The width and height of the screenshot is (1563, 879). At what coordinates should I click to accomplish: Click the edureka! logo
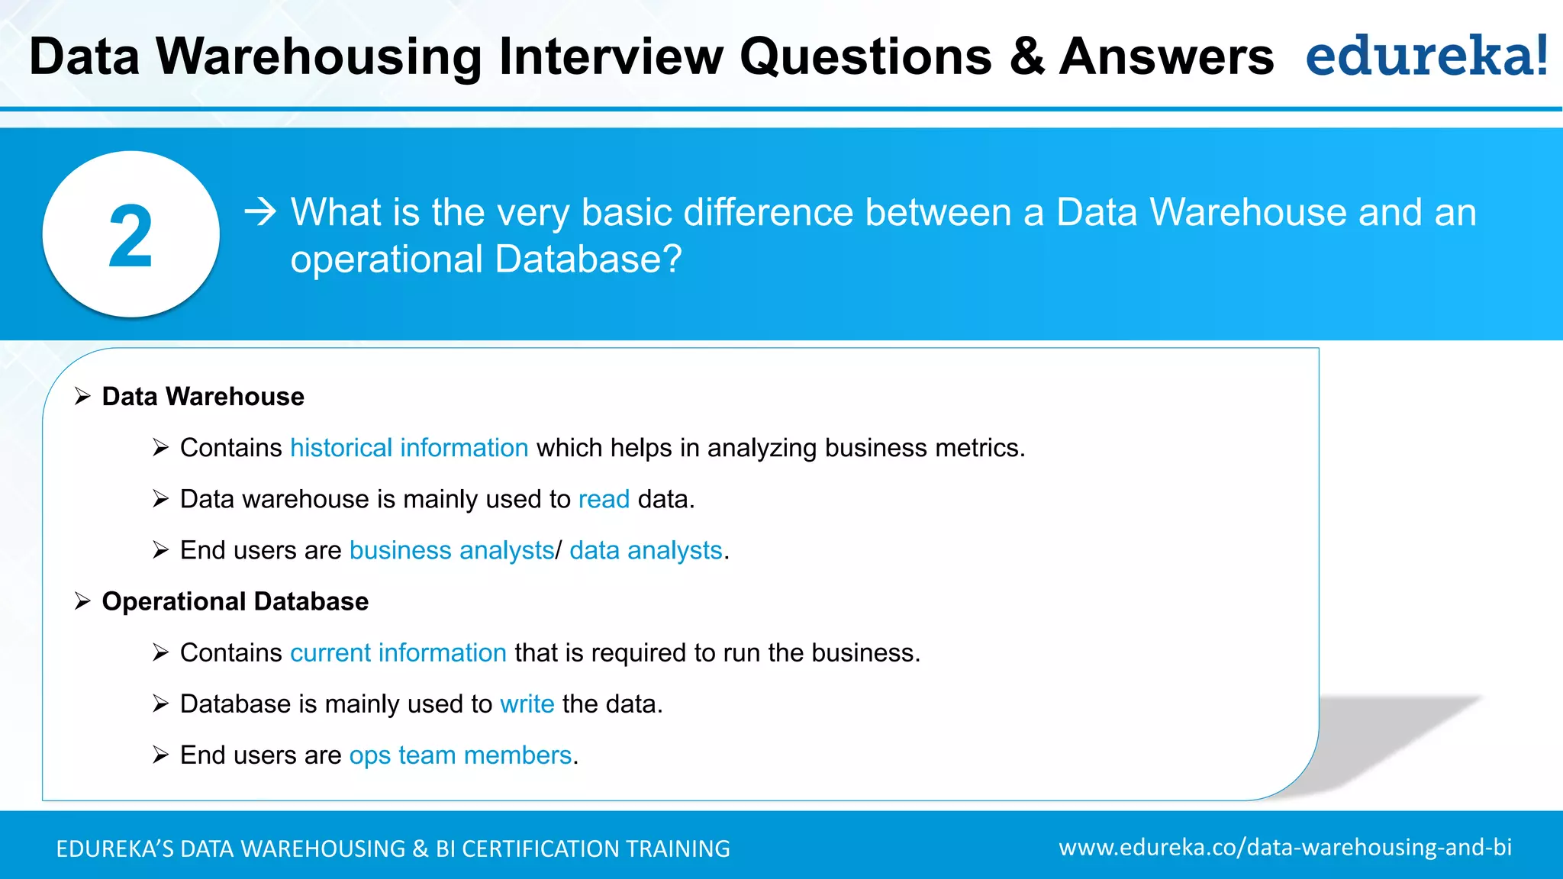click(1426, 56)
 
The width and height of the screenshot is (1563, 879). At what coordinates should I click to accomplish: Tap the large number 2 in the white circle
click(131, 237)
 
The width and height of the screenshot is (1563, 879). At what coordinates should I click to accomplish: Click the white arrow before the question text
click(260, 211)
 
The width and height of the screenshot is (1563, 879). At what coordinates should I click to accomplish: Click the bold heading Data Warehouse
click(203, 397)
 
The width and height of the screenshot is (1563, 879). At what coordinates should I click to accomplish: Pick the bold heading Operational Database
click(235, 601)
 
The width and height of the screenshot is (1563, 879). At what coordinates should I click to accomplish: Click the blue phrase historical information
click(409, 448)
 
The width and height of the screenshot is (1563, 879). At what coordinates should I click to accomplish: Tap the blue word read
click(604, 499)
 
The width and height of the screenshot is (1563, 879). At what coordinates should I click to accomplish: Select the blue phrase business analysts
click(452, 550)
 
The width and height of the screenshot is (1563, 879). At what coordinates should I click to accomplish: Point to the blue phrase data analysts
click(646, 550)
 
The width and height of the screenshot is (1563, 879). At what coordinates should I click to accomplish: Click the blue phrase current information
click(398, 653)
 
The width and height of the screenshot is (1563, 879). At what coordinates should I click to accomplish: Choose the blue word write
click(527, 704)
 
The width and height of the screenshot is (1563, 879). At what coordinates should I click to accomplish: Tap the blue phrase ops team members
click(460, 755)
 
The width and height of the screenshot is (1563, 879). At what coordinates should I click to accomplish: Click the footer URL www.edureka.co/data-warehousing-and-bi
click(1285, 847)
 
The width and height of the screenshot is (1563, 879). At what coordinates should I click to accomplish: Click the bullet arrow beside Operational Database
click(82, 601)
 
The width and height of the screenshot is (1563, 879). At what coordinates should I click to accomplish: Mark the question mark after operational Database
click(671, 259)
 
